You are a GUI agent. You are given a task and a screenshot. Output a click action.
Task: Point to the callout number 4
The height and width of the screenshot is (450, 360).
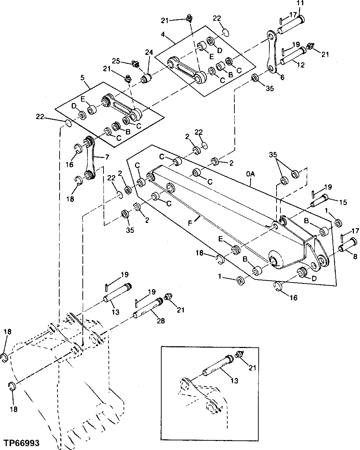(163, 35)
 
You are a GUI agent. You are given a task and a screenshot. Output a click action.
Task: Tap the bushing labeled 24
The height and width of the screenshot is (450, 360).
(146, 78)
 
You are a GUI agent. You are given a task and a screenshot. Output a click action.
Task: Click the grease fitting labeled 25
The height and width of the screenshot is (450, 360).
(135, 65)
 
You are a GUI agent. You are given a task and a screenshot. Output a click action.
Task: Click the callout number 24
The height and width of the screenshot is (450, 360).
(148, 52)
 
